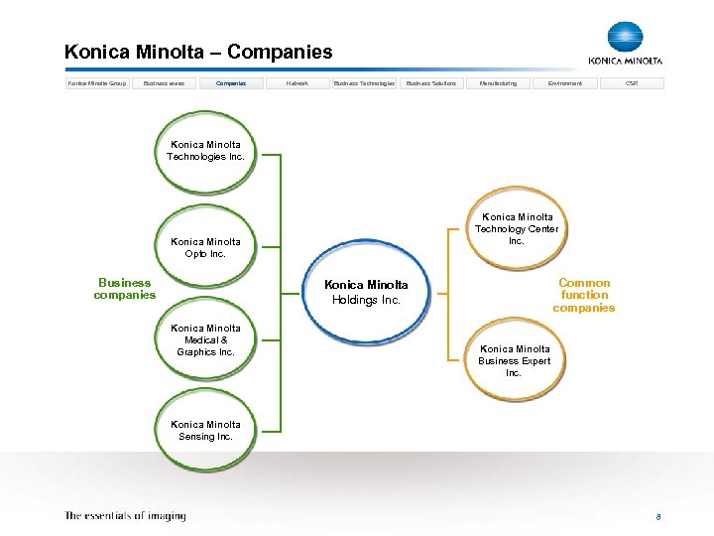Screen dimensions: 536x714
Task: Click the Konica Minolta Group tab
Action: [96, 83]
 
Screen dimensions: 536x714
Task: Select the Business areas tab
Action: [165, 83]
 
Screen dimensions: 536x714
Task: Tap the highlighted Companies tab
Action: [231, 83]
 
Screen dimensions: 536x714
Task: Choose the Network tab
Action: [297, 83]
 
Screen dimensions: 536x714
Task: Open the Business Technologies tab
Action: [364, 83]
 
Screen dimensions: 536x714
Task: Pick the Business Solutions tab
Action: [431, 83]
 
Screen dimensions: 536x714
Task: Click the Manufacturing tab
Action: [498, 83]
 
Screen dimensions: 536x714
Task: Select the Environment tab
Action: [564, 83]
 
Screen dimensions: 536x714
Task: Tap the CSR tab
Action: [632, 83]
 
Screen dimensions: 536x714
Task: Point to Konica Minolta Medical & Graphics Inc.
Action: [205, 340]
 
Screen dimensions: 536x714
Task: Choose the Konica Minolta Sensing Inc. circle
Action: [205, 431]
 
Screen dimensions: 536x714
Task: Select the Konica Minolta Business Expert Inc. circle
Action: [514, 361]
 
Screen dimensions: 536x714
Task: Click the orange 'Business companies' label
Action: [125, 289]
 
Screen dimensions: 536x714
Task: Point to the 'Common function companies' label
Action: [584, 295]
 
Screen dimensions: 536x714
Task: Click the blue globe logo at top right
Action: [625, 37]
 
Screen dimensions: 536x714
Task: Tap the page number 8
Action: [657, 517]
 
